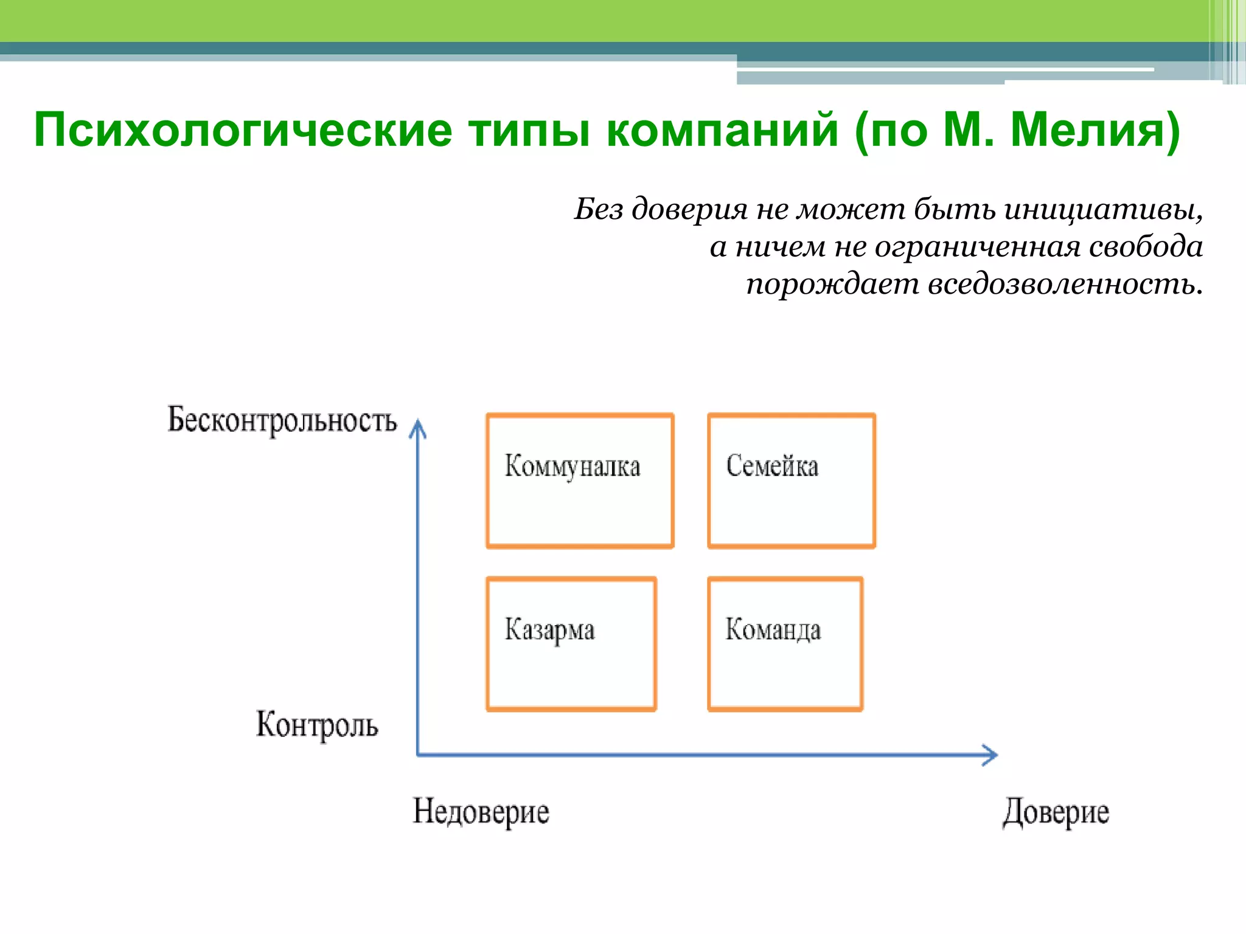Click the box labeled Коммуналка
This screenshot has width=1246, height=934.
point(580,480)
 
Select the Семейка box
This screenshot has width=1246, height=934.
point(792,480)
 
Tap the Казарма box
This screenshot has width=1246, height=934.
point(571,644)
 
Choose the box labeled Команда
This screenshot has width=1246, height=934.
point(785,644)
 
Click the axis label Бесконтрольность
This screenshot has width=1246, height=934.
point(282,420)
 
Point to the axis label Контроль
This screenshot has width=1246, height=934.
point(316,725)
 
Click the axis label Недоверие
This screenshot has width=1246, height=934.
point(481,812)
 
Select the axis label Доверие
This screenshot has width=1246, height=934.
point(1056,812)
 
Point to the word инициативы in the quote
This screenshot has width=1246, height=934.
point(1102,210)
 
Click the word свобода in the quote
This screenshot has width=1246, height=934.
point(1145,247)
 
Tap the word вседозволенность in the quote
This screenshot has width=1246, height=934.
point(1065,284)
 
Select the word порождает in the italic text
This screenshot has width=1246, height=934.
point(832,284)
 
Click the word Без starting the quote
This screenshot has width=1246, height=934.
point(599,210)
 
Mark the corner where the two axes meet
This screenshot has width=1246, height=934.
point(418,755)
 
